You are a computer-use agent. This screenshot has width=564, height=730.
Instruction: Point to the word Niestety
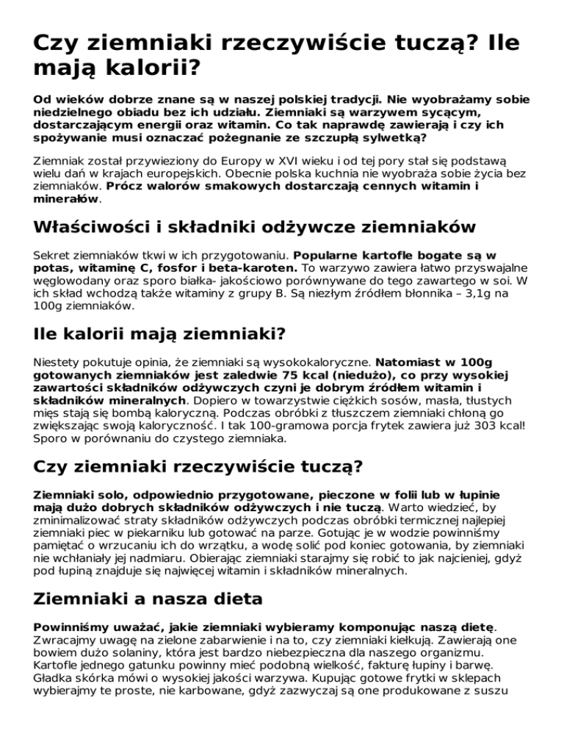58,362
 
